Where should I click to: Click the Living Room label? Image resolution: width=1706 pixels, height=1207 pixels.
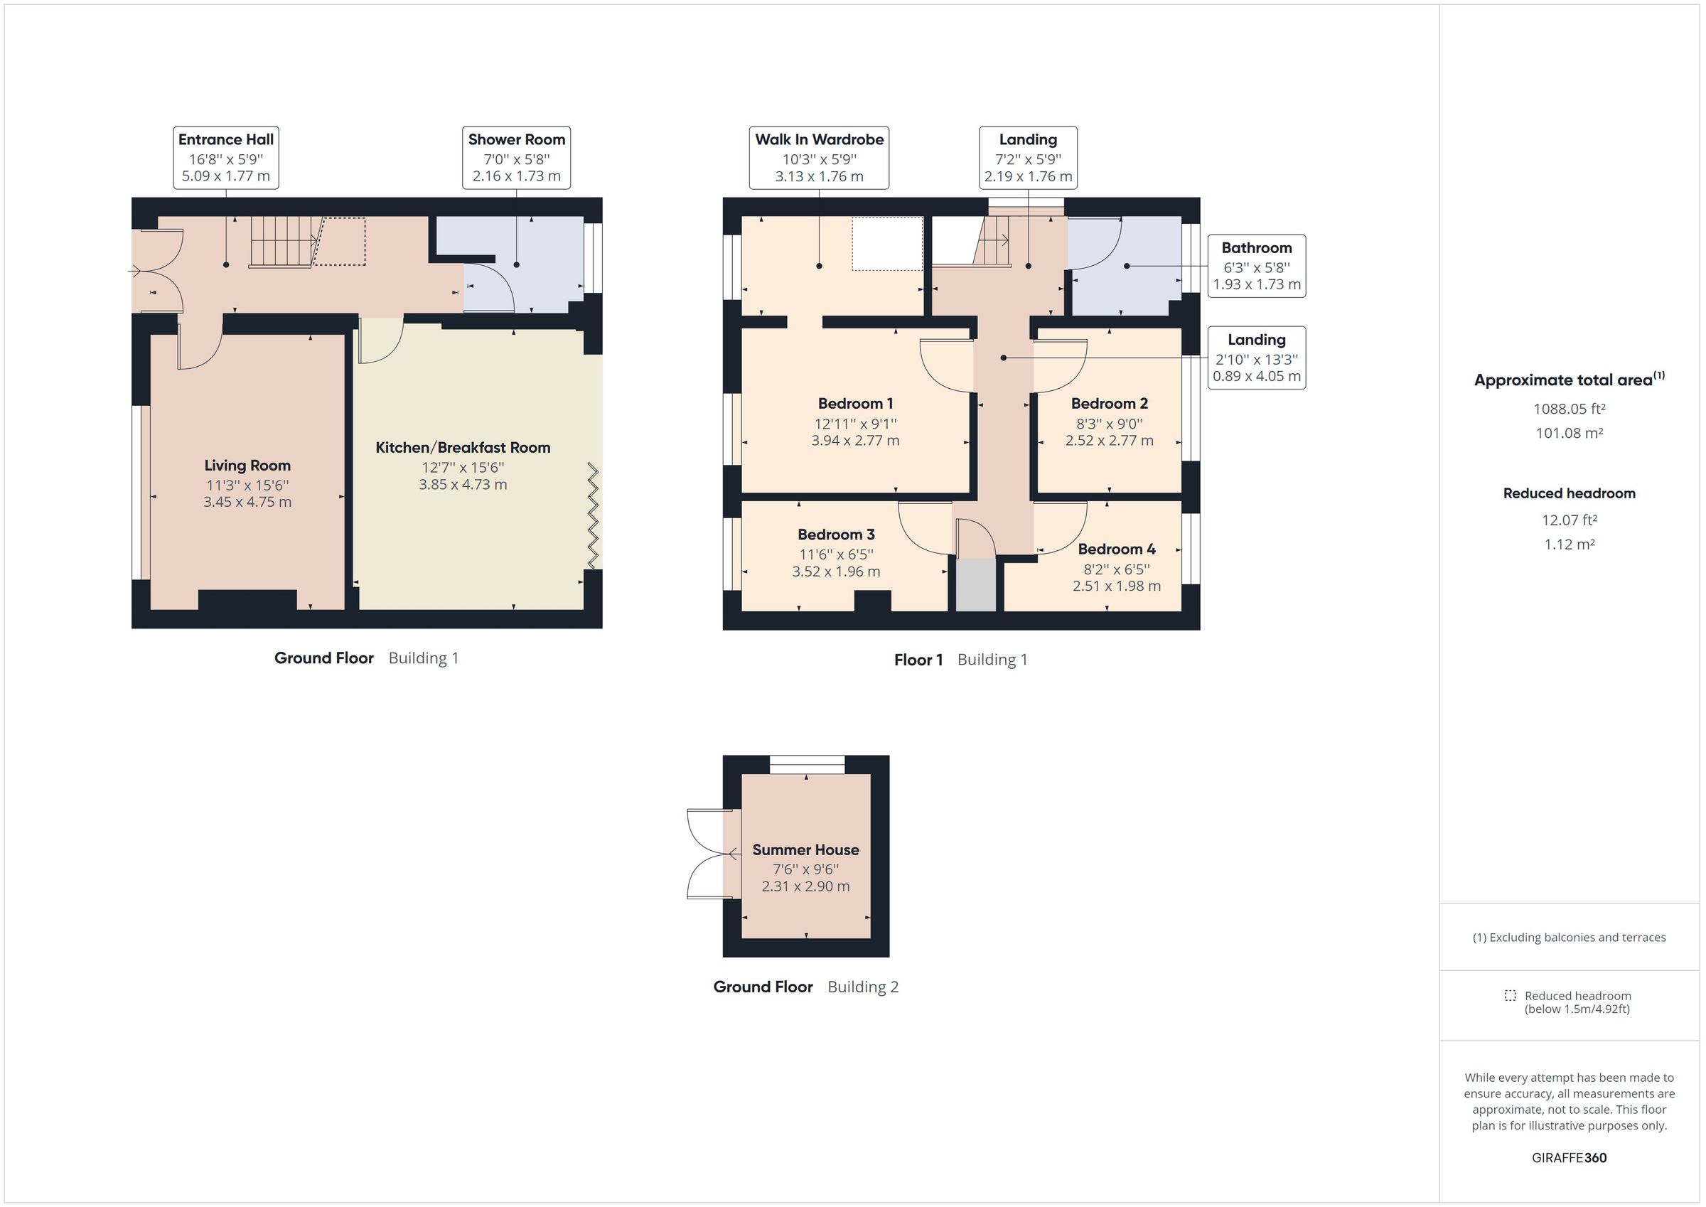247,466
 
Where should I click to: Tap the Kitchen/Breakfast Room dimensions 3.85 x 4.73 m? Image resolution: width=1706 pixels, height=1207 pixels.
462,485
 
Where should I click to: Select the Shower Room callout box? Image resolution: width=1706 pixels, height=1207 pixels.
516,158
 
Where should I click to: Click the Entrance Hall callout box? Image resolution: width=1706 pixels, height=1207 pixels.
226,158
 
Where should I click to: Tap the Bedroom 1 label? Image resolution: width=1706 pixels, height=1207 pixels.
855,404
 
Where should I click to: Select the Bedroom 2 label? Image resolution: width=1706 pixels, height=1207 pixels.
1109,404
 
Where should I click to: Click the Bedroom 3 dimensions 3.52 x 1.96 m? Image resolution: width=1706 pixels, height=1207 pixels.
836,572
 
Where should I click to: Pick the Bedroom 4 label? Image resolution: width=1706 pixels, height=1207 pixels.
1116,549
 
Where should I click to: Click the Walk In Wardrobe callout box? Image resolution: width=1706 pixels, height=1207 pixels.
819,158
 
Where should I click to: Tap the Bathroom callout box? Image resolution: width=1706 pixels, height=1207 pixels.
1256,266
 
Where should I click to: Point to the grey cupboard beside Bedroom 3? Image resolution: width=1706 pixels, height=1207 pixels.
975,586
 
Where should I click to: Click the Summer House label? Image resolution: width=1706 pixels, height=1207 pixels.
805,849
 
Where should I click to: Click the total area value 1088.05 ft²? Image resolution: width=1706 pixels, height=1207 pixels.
1570,409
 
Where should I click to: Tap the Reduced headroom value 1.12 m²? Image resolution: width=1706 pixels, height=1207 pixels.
1570,544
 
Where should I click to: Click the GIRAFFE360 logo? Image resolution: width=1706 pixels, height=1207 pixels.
1569,1157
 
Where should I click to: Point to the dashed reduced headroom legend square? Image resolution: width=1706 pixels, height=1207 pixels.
1510,995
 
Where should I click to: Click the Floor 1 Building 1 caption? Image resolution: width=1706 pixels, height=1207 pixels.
960,659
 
